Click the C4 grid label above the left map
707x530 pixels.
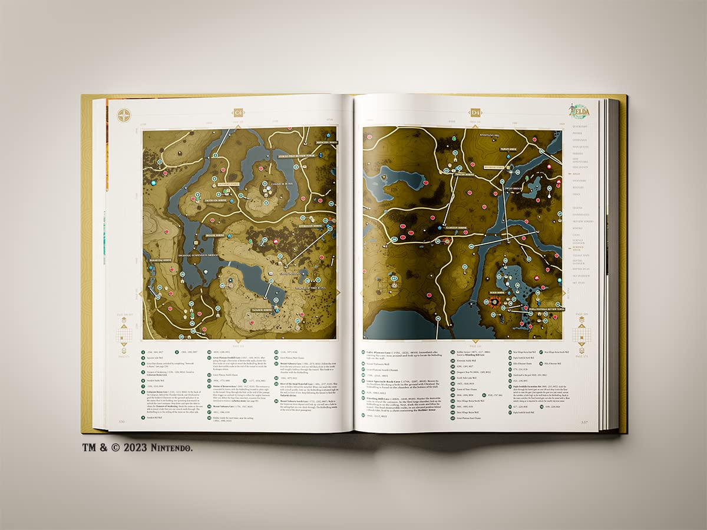pyautogui.click(x=239, y=112)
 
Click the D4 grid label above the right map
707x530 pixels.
pyautogui.click(x=475, y=112)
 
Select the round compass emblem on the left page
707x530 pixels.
pyautogui.click(x=124, y=115)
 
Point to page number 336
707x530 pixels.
pyautogui.click(x=122, y=422)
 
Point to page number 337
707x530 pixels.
pyautogui.click(x=584, y=422)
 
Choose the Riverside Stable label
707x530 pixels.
pyautogui.click(x=494, y=167)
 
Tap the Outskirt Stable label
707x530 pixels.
pyautogui.click(x=230, y=184)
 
